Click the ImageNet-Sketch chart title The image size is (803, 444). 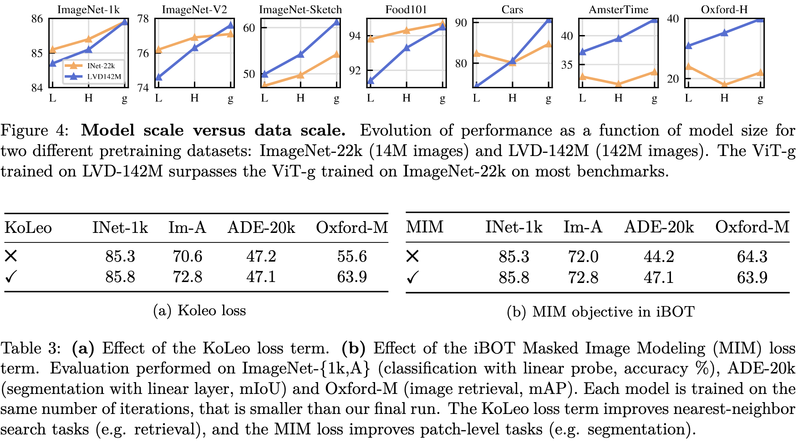click(x=300, y=10)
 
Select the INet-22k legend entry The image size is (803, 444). click(x=101, y=66)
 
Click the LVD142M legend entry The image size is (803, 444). click(x=104, y=76)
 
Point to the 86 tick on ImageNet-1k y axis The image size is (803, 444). click(x=37, y=19)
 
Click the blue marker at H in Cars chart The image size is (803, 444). click(x=513, y=61)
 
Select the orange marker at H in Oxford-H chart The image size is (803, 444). click(x=724, y=84)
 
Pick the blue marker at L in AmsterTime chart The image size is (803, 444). click(x=583, y=52)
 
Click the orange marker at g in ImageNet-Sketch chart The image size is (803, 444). click(x=336, y=55)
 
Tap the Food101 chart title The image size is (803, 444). click(x=406, y=10)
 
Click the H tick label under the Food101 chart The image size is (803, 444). click(x=407, y=98)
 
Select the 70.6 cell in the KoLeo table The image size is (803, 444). click(x=187, y=257)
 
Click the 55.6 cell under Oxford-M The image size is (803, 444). click(x=352, y=257)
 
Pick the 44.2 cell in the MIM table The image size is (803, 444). click(x=659, y=257)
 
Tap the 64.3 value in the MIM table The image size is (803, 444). click(x=752, y=257)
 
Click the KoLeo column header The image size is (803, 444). click(x=28, y=227)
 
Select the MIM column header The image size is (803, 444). click(x=425, y=227)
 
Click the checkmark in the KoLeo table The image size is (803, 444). click(x=11, y=277)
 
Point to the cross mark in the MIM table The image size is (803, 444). click(x=412, y=257)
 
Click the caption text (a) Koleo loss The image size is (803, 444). click(x=199, y=310)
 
